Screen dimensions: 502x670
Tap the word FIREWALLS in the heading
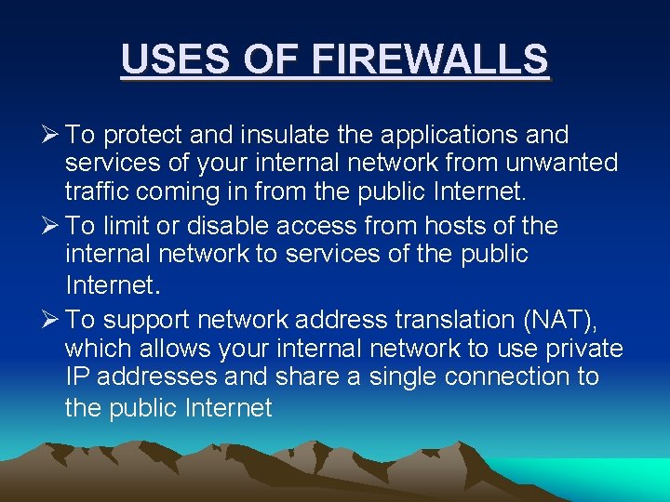pos(430,59)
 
